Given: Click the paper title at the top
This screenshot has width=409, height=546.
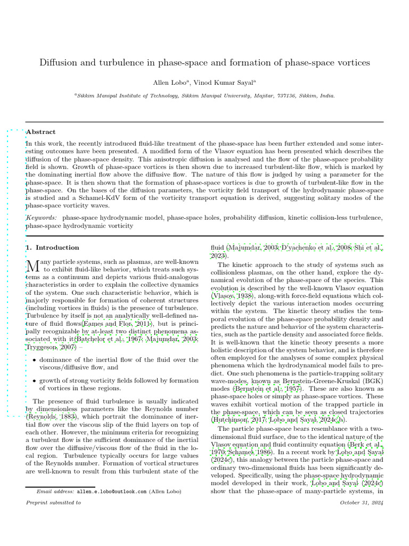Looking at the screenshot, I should click(204, 62).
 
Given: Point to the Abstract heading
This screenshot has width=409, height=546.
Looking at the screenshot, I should click(41, 132).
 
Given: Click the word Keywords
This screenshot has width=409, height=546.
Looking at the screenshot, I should click(42, 218).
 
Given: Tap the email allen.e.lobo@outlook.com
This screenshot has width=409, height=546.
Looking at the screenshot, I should click(111, 492).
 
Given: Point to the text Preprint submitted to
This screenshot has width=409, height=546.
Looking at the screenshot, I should click(53, 502).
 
